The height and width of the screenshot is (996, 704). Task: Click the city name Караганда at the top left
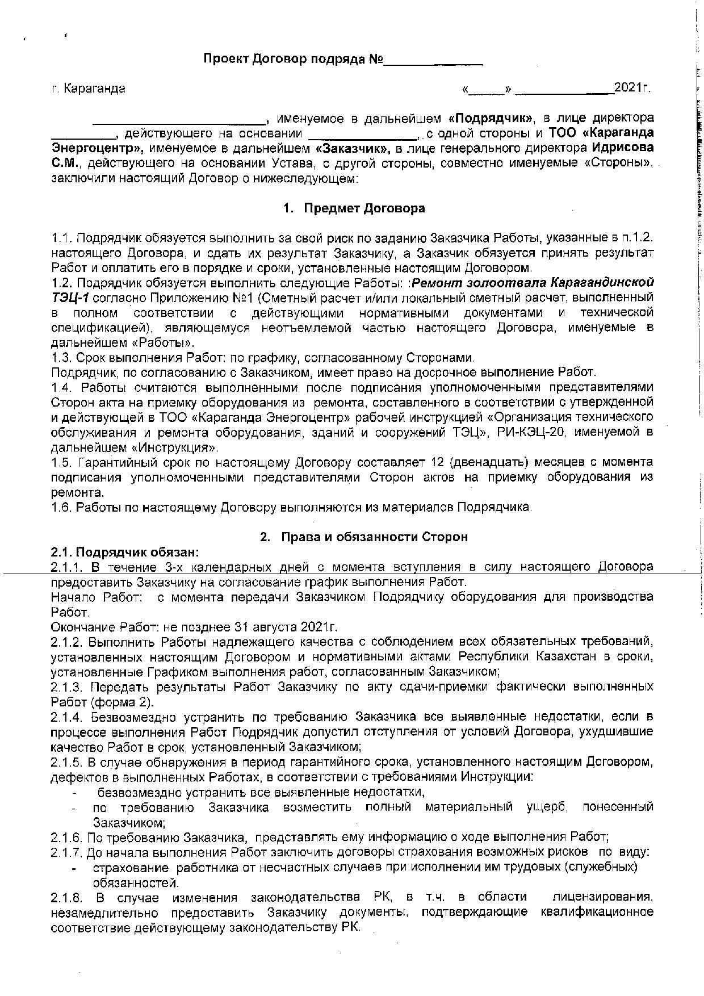click(x=95, y=89)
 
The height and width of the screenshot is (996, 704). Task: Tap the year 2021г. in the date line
click(x=632, y=88)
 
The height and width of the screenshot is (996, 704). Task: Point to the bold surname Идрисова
click(x=622, y=148)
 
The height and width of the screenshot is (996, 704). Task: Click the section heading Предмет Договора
click(x=364, y=208)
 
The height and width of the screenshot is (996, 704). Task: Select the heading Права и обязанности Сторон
click(x=374, y=537)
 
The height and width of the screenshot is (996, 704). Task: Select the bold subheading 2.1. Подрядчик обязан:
click(x=125, y=552)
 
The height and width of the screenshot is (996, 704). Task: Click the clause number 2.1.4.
click(x=67, y=717)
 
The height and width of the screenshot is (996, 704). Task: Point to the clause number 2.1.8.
click(x=67, y=897)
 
